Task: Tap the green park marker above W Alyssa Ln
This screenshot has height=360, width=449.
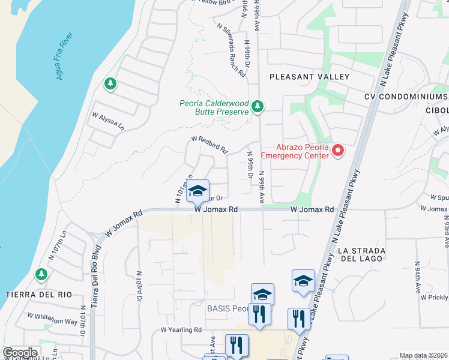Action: click(x=110, y=84)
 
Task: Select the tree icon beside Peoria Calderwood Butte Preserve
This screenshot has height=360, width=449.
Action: click(x=258, y=107)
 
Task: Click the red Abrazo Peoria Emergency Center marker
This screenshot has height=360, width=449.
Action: click(x=338, y=150)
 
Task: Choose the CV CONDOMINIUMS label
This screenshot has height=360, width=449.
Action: click(x=406, y=97)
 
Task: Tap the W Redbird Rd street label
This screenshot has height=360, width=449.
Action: click(x=209, y=143)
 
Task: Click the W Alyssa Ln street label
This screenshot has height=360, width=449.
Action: click(x=107, y=122)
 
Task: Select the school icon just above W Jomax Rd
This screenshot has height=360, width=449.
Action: click(x=197, y=191)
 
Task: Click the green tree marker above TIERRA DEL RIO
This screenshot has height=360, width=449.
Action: click(x=41, y=275)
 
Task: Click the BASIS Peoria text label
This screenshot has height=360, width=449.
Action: click(x=227, y=308)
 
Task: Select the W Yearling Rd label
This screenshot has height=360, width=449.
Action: click(x=181, y=330)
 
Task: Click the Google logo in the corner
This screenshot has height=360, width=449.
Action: click(x=20, y=352)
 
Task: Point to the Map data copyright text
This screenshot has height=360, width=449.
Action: click(x=423, y=355)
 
